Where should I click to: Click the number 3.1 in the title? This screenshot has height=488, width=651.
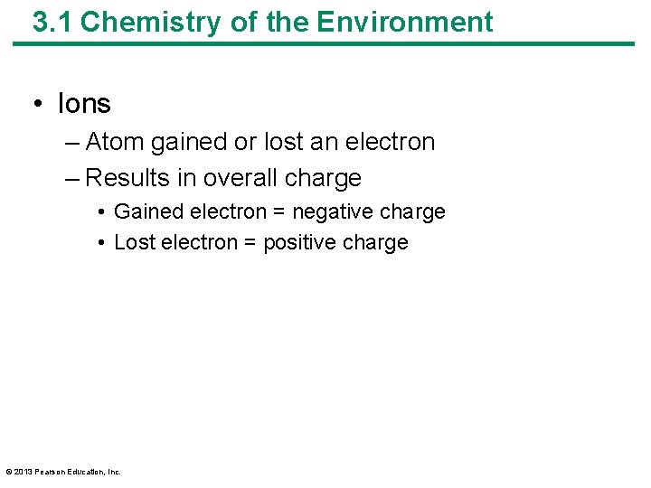pyautogui.click(x=52, y=22)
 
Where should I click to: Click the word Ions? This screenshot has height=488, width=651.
pyautogui.click(x=83, y=104)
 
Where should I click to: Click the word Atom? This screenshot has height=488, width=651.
pyautogui.click(x=115, y=142)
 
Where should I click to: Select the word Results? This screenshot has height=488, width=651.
pyautogui.click(x=127, y=178)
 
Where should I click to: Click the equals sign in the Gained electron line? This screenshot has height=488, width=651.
pyautogui.click(x=253, y=212)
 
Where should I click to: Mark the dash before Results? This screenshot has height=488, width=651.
pyautogui.click(x=72, y=179)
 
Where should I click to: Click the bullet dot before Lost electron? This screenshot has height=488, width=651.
pyautogui.click(x=104, y=243)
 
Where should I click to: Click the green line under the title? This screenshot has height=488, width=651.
pyautogui.click(x=325, y=43)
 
